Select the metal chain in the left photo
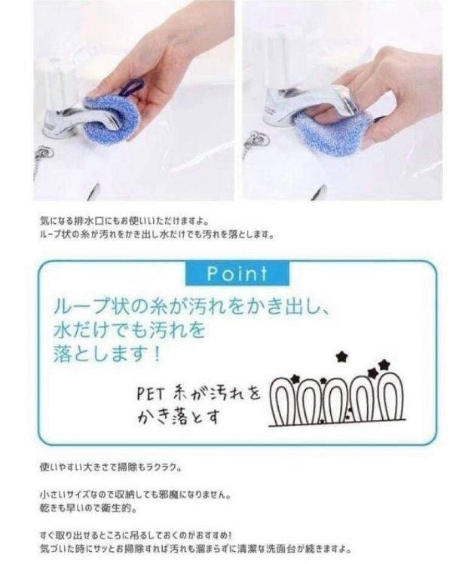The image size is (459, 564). coord(41,159)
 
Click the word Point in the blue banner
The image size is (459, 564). coord(237,273)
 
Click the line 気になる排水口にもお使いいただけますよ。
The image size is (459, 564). coord(128,222)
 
